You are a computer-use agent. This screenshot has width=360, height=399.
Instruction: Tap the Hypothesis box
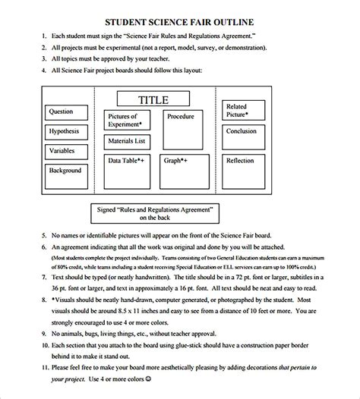[64, 131]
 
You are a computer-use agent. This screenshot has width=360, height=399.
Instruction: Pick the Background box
[65, 171]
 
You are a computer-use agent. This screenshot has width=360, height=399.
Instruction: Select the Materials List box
[127, 141]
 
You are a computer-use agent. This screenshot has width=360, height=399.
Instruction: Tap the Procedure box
[181, 117]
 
